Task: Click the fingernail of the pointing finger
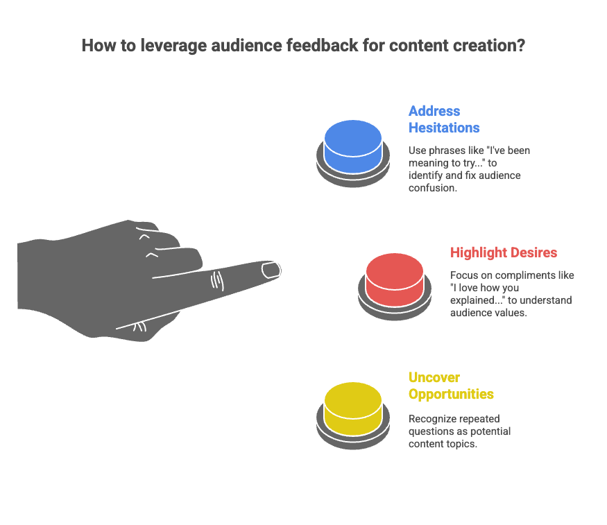pos(270,269)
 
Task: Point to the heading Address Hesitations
pos(444,119)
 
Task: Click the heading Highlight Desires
pos(504,252)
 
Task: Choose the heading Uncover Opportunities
pos(451,386)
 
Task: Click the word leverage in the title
pos(165,46)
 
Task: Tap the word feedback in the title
pos(318,46)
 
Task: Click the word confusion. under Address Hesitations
pos(432,188)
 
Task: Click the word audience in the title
pos(239,46)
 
